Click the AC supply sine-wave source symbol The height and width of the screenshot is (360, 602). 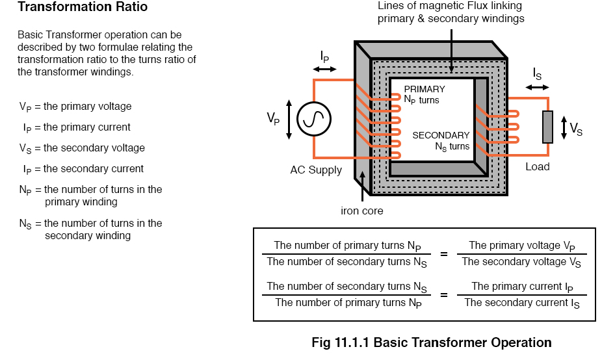313,119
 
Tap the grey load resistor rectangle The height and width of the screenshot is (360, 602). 547,127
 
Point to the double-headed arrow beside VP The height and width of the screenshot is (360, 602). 289,120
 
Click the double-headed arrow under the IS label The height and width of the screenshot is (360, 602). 537,88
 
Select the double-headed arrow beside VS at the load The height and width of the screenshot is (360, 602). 564,127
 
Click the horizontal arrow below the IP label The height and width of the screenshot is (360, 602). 324,69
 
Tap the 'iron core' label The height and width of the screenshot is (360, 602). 361,211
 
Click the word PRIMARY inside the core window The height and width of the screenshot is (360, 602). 425,89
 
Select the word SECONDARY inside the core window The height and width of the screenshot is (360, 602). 441,135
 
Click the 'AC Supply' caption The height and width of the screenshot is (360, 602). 315,170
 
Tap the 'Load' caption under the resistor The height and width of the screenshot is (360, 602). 537,166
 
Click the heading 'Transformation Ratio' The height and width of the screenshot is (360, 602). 83,6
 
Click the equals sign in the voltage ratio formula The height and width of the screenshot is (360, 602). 444,254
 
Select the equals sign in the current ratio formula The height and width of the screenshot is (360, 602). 444,295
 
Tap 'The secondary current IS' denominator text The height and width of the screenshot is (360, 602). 522,303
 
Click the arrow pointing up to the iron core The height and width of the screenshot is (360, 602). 362,186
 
